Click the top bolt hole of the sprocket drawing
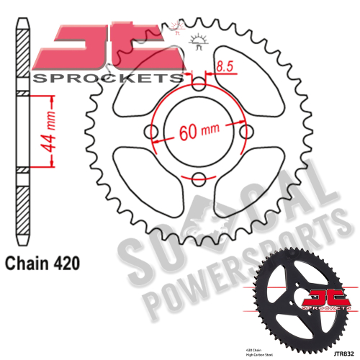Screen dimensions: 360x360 (199, 79)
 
